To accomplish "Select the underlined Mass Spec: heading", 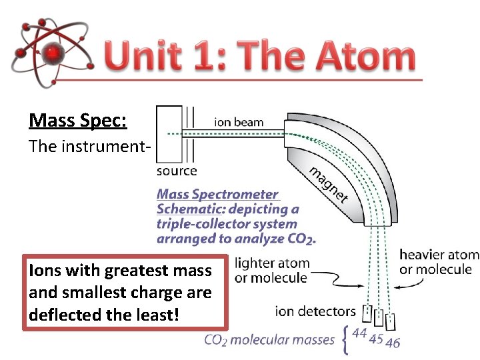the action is [78, 121].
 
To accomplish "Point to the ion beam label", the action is [239, 122].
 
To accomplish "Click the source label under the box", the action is [177, 171].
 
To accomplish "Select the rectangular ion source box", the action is [169, 133].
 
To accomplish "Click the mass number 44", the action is [359, 333].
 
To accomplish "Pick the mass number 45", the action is [376, 338].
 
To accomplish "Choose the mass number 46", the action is [393, 343].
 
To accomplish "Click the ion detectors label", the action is [315, 311].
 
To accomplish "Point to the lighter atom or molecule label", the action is [271, 270].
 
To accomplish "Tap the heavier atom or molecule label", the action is [439, 262].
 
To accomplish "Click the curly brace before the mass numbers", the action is [344, 339].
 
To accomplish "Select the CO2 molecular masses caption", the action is [269, 340].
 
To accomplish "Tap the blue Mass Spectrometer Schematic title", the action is [218, 194].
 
